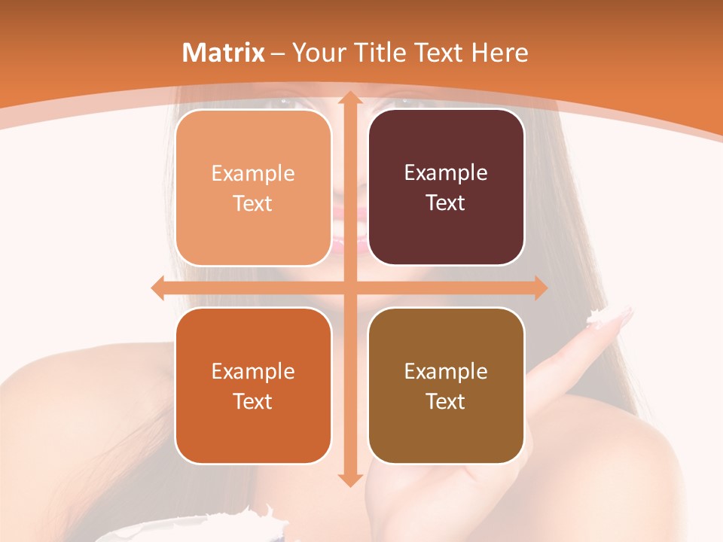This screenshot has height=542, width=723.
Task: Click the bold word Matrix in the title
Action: (x=224, y=53)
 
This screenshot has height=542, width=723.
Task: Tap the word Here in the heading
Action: (x=499, y=53)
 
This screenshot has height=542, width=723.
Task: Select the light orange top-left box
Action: (x=253, y=187)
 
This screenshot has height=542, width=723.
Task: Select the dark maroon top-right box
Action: (x=446, y=187)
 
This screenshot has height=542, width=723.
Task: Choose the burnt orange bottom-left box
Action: (x=253, y=385)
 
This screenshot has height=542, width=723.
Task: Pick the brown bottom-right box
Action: (x=446, y=385)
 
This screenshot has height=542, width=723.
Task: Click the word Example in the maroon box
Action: (x=446, y=172)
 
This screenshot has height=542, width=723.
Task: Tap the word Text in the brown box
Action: (x=446, y=401)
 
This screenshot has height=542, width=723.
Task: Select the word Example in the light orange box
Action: (x=253, y=173)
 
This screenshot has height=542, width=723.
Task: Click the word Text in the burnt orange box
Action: (x=253, y=401)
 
